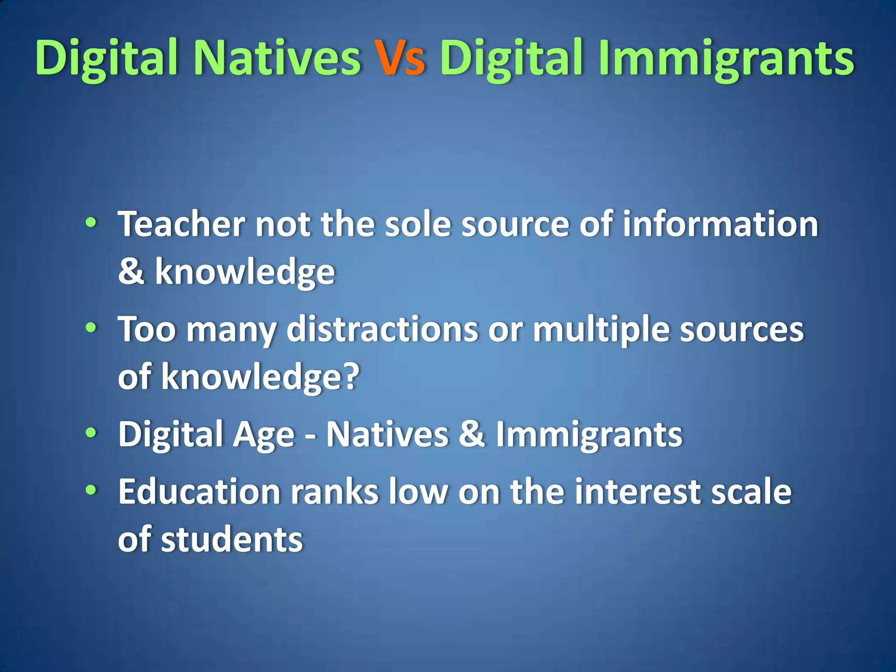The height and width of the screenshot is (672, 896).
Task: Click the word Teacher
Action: pos(181,224)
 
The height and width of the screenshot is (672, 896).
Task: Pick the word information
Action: pos(720,224)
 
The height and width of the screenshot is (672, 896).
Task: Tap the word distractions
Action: pos(382,329)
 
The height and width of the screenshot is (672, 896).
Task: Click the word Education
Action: pos(199,492)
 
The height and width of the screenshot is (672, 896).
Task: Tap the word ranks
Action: pos(335,492)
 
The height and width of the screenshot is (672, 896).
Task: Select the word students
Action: pos(232,539)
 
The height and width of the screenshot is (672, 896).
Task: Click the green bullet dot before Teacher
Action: pos(91,222)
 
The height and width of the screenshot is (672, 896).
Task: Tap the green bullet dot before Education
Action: pos(91,490)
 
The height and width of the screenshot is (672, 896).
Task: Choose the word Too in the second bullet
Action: pos(147,329)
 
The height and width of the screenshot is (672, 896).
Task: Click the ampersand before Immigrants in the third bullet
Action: pos(472,434)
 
